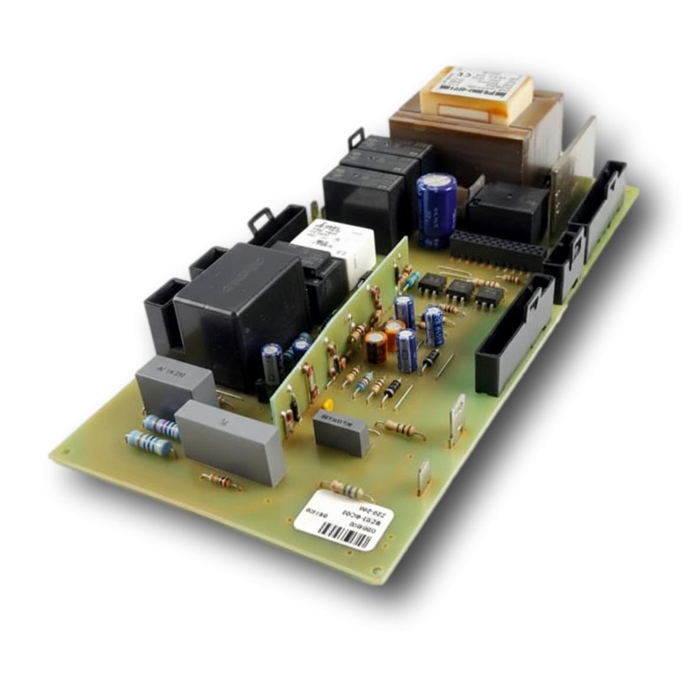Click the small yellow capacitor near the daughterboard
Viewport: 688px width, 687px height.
point(328,405)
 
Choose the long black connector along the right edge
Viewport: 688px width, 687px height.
point(513,336)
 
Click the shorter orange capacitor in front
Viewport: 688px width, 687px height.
point(376,347)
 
